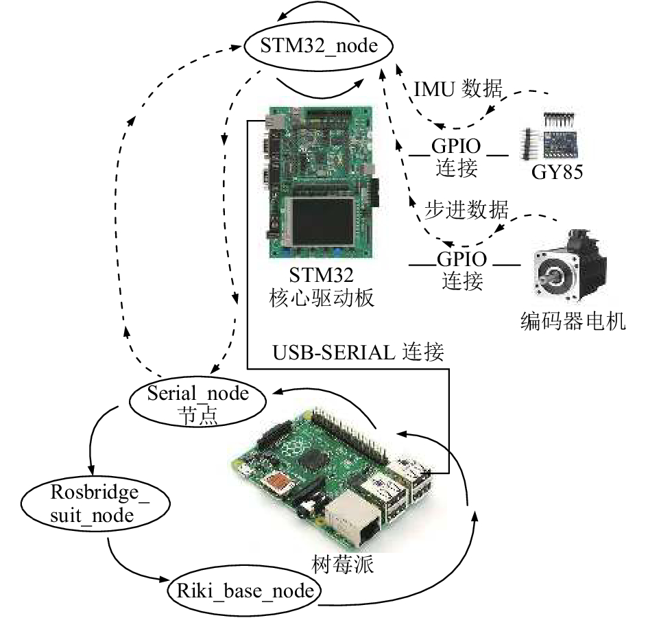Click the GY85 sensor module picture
550,136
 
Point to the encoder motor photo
569,265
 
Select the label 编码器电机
573,322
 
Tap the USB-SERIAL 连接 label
359,353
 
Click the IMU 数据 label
458,88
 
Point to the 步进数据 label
466,210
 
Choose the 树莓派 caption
343,564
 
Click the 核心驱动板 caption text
322,298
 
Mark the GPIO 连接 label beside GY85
456,157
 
